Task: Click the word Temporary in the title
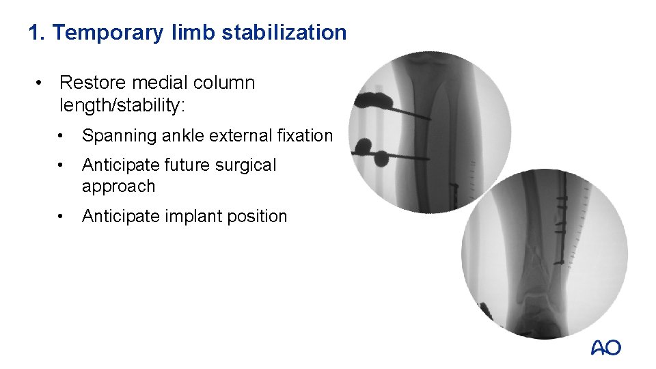(x=108, y=32)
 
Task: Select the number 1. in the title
(x=38, y=32)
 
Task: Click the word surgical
(x=243, y=165)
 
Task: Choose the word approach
(x=118, y=186)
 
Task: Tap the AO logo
(x=605, y=348)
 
